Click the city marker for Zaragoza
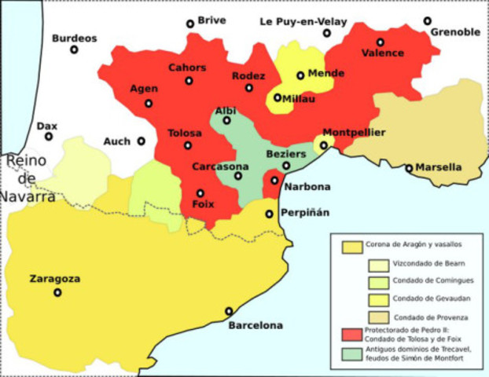point(57,292)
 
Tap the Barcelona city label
point(255,325)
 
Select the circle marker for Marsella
point(409,168)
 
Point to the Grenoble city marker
point(428,21)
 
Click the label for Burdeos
point(74,38)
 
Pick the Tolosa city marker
point(188,145)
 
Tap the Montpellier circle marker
point(324,145)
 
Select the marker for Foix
point(200,193)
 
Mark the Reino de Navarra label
point(27,178)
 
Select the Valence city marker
point(381,42)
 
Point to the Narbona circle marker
point(274,181)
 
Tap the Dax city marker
point(49,137)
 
